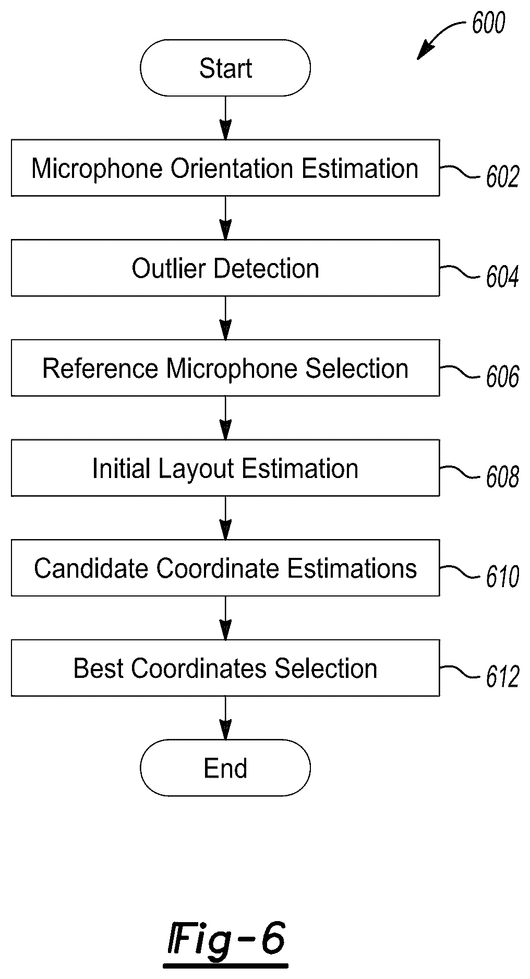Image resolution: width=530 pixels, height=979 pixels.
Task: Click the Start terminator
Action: pos(225,68)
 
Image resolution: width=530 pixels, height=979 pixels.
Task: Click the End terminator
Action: pos(225,768)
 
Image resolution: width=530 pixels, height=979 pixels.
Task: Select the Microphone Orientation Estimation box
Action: pos(225,168)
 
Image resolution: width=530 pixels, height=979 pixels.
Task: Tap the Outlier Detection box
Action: pos(225,268)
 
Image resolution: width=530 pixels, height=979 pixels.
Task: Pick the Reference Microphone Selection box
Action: pos(225,368)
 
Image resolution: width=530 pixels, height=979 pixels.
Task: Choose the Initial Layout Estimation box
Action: pos(225,468)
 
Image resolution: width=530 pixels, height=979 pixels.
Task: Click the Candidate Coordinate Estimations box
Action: pos(225,568)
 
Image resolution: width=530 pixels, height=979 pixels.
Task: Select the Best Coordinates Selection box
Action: pos(225,668)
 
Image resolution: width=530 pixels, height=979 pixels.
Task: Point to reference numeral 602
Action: pos(502,177)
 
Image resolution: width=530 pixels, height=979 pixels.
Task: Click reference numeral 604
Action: pos(502,277)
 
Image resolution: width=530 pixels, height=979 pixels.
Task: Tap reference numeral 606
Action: pos(502,377)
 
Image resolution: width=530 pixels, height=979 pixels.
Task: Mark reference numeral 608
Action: pos(502,477)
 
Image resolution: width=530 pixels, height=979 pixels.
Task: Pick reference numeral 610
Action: pos(502,577)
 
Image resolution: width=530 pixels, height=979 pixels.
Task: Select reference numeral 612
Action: pos(502,677)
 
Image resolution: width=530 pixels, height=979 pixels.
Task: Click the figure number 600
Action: pos(489,23)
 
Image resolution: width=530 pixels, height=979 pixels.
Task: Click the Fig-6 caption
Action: pos(226,938)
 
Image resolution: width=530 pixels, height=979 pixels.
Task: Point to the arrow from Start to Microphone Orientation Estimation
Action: pos(225,118)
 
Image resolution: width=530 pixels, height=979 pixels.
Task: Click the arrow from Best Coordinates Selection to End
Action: pos(225,718)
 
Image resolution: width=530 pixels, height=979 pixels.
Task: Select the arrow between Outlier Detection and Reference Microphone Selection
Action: pos(225,318)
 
